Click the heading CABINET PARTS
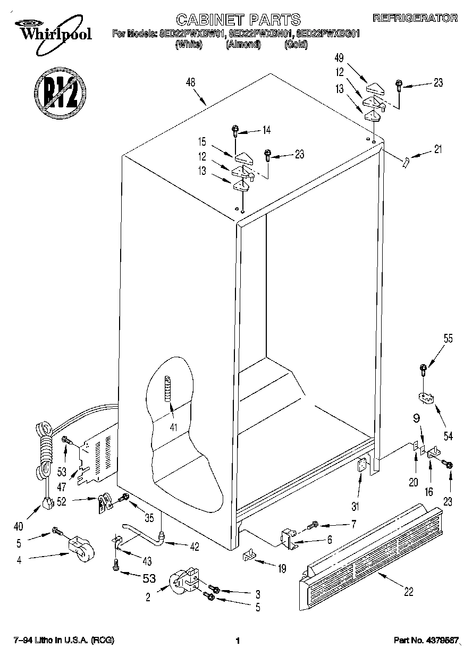tap(238, 20)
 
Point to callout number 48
tap(191, 82)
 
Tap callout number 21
tap(437, 149)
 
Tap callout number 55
tap(448, 338)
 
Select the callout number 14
tap(266, 130)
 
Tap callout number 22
tap(408, 591)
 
